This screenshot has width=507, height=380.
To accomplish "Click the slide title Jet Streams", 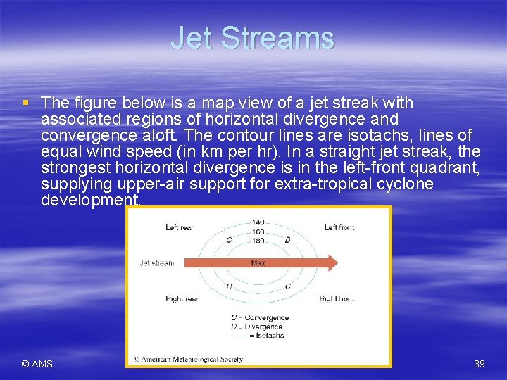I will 252,38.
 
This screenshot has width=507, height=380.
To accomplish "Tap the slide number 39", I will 480,364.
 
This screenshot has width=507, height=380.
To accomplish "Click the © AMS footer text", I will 37,364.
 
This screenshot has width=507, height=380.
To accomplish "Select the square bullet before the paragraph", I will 26,103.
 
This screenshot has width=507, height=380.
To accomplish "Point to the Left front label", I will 339,227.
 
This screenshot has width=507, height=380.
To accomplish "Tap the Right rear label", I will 182,299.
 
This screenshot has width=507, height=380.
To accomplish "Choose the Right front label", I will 337,299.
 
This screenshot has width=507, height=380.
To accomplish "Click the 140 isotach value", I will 258,222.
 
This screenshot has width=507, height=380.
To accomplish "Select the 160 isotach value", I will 258,231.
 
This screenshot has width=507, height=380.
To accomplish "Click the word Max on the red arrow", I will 258,263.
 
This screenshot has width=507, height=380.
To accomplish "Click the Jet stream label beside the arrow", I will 156,263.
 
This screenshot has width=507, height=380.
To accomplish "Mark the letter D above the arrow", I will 287,240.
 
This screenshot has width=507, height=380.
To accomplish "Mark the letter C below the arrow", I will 287,286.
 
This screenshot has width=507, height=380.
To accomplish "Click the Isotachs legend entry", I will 268,335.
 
